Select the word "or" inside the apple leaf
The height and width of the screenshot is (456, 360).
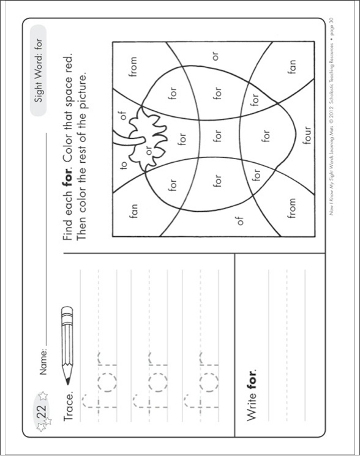click(x=149, y=148)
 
